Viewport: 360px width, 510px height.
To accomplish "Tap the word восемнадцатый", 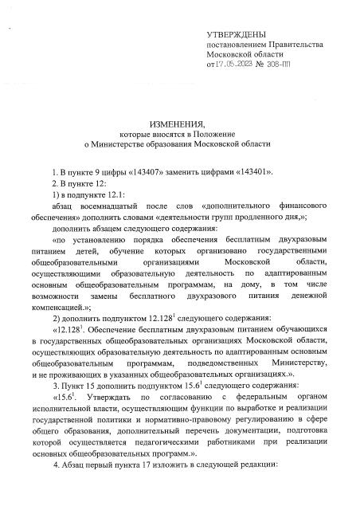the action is pos(109,205).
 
